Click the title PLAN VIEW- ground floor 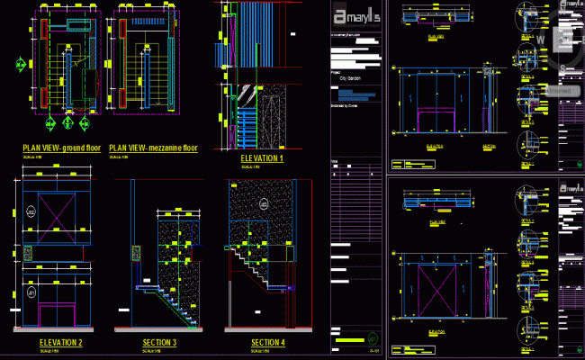61,147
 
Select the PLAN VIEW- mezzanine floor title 153,147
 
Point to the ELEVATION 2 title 61,343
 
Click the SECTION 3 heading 159,343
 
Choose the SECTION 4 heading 267,343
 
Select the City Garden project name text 350,78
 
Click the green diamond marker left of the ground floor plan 19,64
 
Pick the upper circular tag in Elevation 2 31,211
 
